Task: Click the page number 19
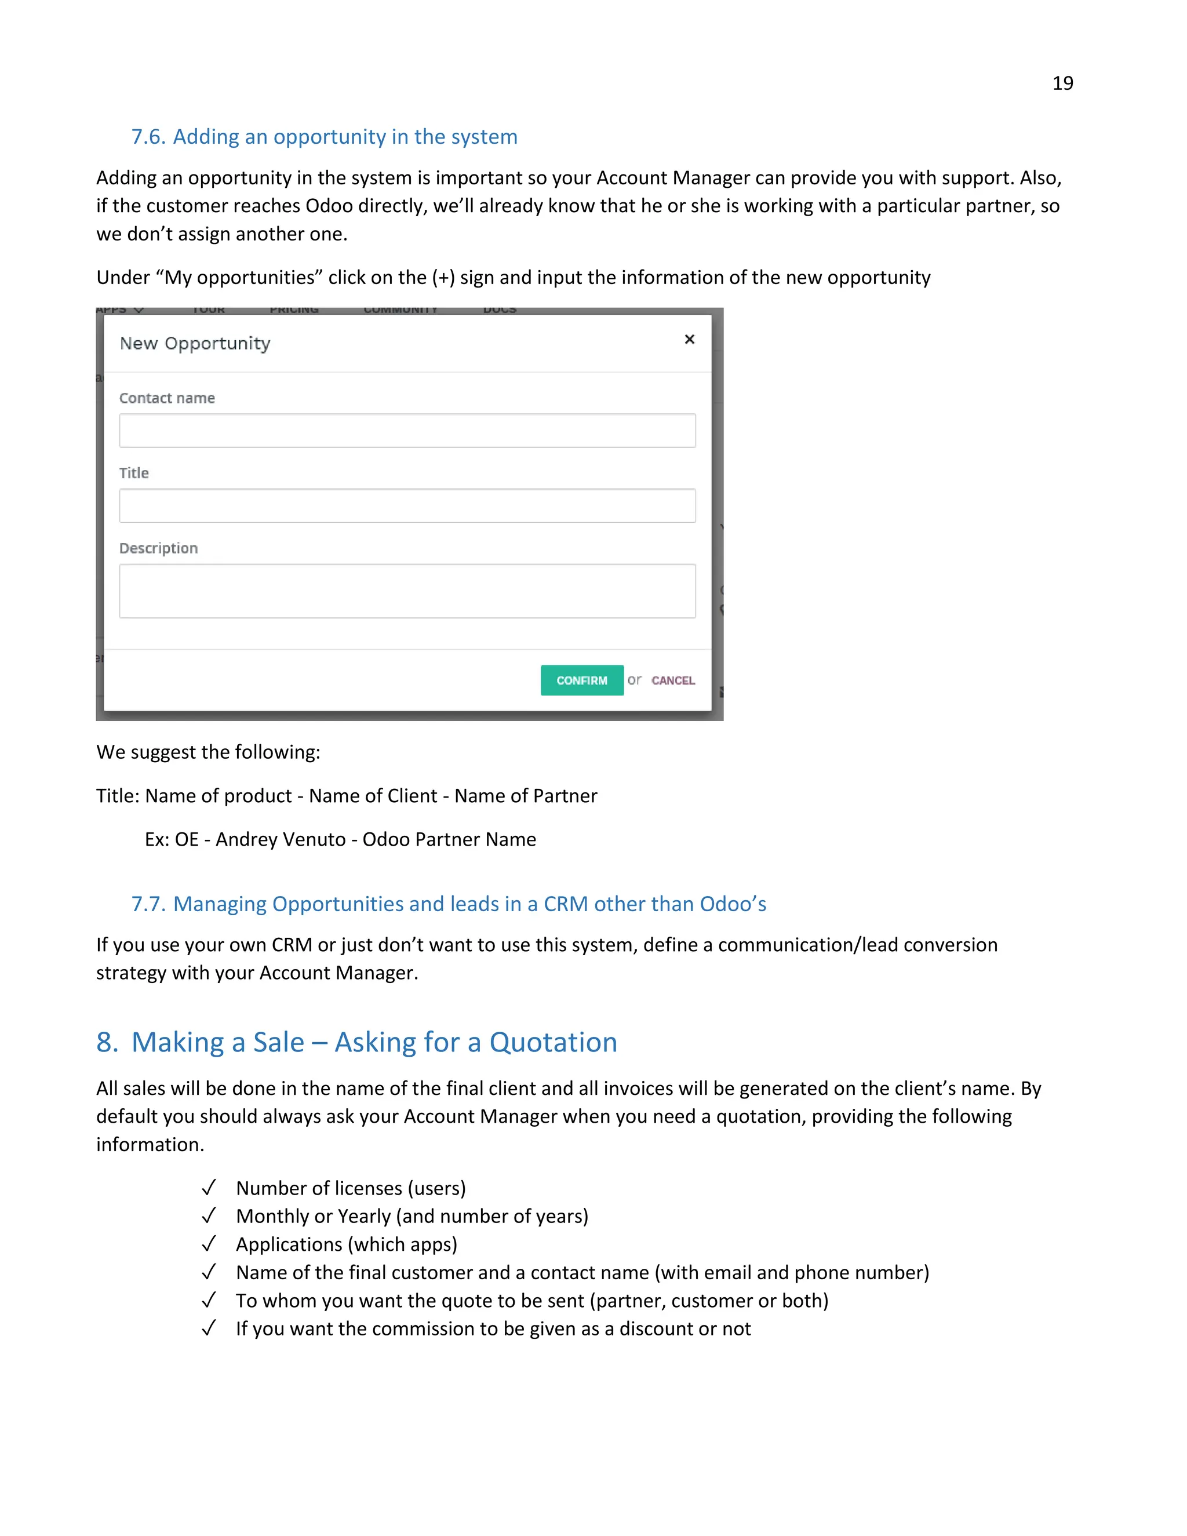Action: pyautogui.click(x=1062, y=83)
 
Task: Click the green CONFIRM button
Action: pyautogui.click(x=581, y=680)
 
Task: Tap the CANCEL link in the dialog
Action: pyautogui.click(x=672, y=680)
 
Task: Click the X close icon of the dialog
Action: pyautogui.click(x=689, y=340)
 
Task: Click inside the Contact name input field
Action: pyautogui.click(x=407, y=431)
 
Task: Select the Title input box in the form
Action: pyautogui.click(x=407, y=505)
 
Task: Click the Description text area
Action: pyautogui.click(x=407, y=591)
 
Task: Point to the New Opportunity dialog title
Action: pyautogui.click(x=195, y=344)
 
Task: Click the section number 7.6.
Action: pyautogui.click(x=148, y=136)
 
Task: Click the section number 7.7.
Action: pyautogui.click(x=148, y=904)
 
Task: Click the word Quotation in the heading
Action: pyautogui.click(x=553, y=1042)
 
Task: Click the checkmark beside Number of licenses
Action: pyautogui.click(x=208, y=1188)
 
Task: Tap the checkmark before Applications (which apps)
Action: pyautogui.click(x=208, y=1244)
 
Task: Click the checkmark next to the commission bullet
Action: pyautogui.click(x=208, y=1328)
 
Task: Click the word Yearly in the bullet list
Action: pyautogui.click(x=363, y=1216)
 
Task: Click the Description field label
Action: pyautogui.click(x=158, y=548)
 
